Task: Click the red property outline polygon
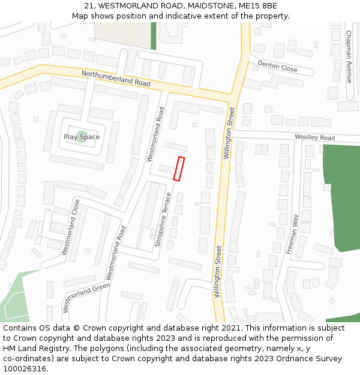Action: click(x=179, y=169)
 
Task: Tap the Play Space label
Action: click(x=82, y=137)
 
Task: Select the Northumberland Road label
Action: click(x=116, y=78)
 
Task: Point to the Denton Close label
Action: click(x=277, y=66)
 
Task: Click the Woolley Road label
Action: click(x=314, y=138)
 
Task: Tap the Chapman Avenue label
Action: click(x=349, y=56)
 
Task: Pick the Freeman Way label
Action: click(x=292, y=234)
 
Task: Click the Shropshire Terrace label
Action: click(x=163, y=220)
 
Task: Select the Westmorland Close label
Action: click(x=71, y=227)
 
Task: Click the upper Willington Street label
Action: click(x=229, y=133)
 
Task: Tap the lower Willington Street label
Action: click(x=218, y=271)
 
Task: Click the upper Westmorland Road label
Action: click(x=155, y=134)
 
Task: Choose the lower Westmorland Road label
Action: click(x=115, y=253)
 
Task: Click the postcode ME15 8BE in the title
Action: click(x=257, y=6)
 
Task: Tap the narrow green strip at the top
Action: click(x=153, y=36)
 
